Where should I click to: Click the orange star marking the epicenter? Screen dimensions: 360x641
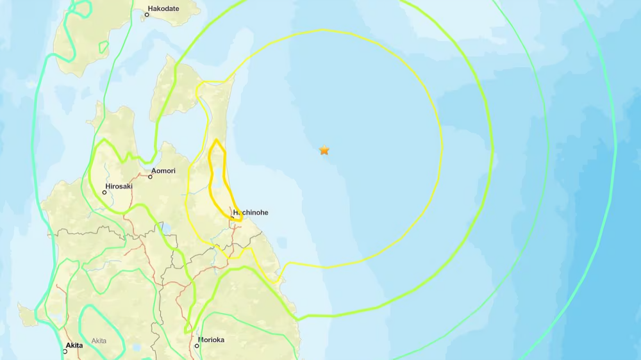coord(324,151)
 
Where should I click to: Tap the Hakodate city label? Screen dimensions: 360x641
coord(163,9)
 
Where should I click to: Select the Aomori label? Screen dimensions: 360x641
coord(163,171)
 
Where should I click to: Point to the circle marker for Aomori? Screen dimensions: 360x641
coord(151,177)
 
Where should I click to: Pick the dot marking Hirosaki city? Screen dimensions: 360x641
coord(104,192)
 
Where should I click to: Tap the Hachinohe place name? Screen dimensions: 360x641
coord(251,212)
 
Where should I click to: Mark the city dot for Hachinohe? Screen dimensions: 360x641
coord(232,218)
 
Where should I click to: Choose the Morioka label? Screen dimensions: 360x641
coord(211,340)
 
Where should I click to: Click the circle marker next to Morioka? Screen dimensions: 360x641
coord(197,346)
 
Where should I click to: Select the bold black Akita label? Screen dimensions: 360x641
coord(74,345)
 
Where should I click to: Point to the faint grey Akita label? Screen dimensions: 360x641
coord(99,341)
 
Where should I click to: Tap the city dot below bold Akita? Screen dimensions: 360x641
coord(65,352)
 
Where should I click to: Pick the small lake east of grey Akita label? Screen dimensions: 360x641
coord(137,347)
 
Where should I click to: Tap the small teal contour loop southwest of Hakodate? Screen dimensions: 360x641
coord(103,47)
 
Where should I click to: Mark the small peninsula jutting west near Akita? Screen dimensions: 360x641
coord(28,315)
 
